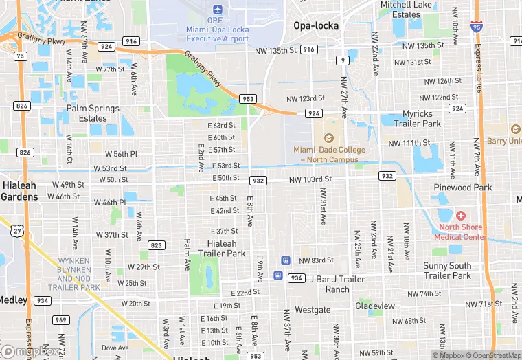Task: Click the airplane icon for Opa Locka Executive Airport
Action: [x=218, y=10]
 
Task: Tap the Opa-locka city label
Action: [x=316, y=25]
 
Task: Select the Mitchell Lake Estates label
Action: [x=405, y=10]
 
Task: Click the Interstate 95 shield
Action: [x=477, y=27]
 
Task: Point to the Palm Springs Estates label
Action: [x=93, y=113]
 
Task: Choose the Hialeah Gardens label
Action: [x=19, y=191]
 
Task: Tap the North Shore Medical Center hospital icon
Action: [x=460, y=216]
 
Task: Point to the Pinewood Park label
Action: [x=463, y=187]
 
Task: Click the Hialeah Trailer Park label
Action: [x=222, y=248]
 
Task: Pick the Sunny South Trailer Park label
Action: [x=447, y=271]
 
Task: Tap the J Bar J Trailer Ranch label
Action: [x=337, y=284]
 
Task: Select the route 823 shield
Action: [x=157, y=245]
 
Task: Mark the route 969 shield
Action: [x=61, y=319]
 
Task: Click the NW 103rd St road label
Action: [x=310, y=179]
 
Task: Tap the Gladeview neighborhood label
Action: [x=375, y=306]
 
